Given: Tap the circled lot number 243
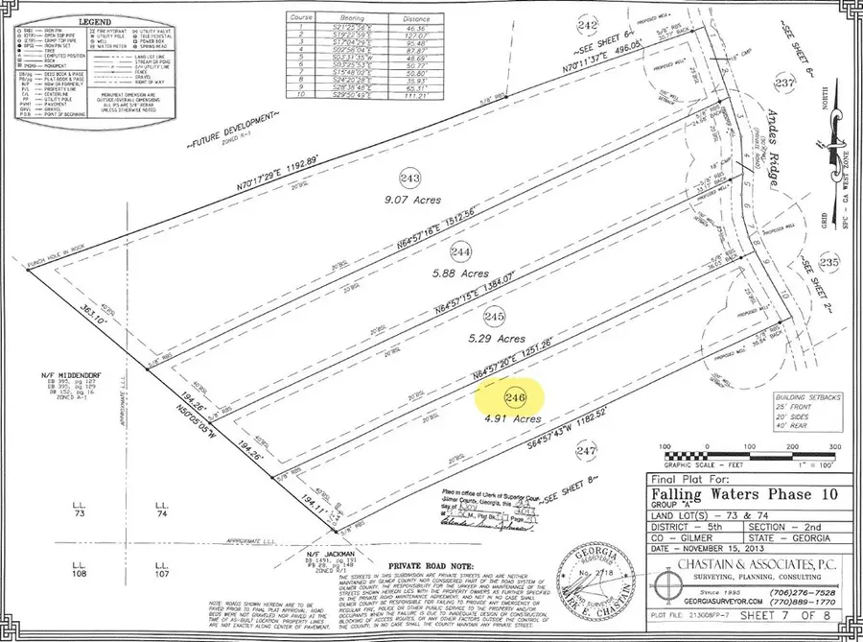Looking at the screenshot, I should coord(411,178).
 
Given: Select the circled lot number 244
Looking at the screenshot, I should coord(461,250).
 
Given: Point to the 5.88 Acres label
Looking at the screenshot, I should coord(462,272).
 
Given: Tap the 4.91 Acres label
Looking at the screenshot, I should coord(514,418).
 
